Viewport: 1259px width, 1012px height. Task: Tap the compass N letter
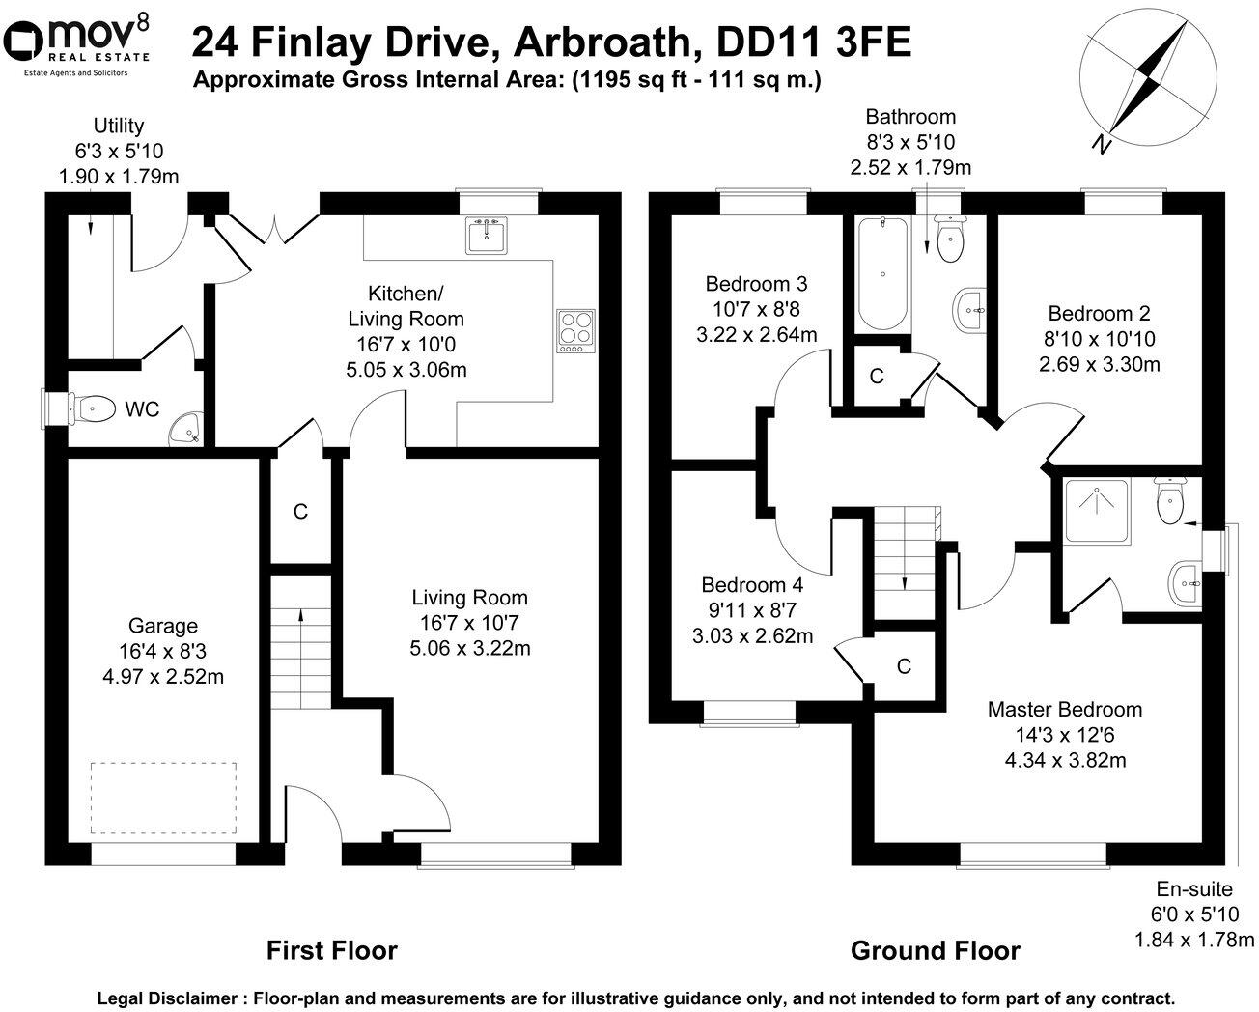click(x=1099, y=145)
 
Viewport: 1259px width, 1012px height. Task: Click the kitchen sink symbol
click(x=487, y=235)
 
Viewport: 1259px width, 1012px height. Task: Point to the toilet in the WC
click(x=81, y=408)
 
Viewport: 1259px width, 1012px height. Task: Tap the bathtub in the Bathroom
click(x=881, y=275)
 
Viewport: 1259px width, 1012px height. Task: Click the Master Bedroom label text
click(x=1064, y=710)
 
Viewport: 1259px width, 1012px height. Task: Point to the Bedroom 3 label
click(x=756, y=284)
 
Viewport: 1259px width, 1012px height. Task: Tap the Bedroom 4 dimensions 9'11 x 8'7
click(x=751, y=610)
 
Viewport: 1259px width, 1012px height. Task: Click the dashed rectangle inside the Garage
click(x=164, y=798)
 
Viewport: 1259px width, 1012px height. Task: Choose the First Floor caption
click(x=331, y=950)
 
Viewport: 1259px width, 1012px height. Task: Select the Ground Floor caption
click(x=935, y=950)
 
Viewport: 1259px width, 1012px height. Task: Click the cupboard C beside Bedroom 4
click(x=904, y=666)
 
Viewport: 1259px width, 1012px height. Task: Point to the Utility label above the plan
click(x=119, y=126)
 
